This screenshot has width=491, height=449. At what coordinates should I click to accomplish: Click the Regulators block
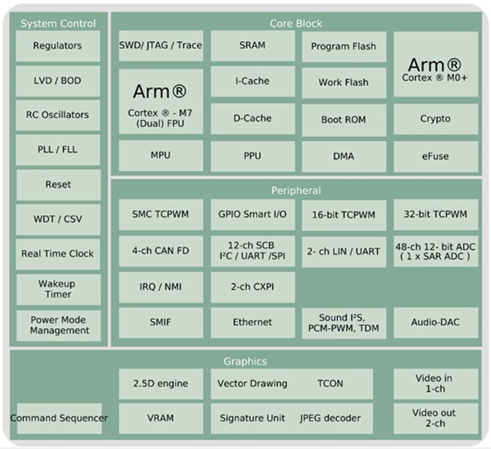(58, 46)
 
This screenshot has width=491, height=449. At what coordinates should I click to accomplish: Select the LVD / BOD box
(58, 80)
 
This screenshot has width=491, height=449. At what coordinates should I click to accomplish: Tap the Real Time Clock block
(58, 253)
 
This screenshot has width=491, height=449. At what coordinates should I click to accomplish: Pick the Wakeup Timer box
(58, 289)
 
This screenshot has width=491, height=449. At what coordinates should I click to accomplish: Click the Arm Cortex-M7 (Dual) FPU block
(160, 101)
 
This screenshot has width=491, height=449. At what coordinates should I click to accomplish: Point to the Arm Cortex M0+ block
(435, 64)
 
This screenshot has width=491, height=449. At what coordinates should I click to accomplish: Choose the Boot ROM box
(343, 119)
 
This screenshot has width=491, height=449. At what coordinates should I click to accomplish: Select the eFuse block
(435, 156)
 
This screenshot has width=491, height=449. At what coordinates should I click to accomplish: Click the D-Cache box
(253, 118)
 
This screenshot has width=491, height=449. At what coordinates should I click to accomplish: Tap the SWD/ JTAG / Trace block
(160, 46)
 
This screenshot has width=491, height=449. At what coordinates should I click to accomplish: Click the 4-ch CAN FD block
(160, 251)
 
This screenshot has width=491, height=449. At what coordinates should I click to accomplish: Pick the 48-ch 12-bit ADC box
(435, 251)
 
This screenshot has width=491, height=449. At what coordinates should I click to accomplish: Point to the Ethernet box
(253, 322)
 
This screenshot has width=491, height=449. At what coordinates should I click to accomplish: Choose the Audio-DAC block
(435, 322)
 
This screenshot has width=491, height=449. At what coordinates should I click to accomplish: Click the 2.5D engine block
(160, 383)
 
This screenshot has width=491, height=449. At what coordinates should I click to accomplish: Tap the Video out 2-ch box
(435, 418)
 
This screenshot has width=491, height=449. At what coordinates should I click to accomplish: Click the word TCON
(330, 383)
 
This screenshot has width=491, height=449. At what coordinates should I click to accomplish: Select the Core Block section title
(296, 23)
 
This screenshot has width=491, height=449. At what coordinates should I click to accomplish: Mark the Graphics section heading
(245, 361)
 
